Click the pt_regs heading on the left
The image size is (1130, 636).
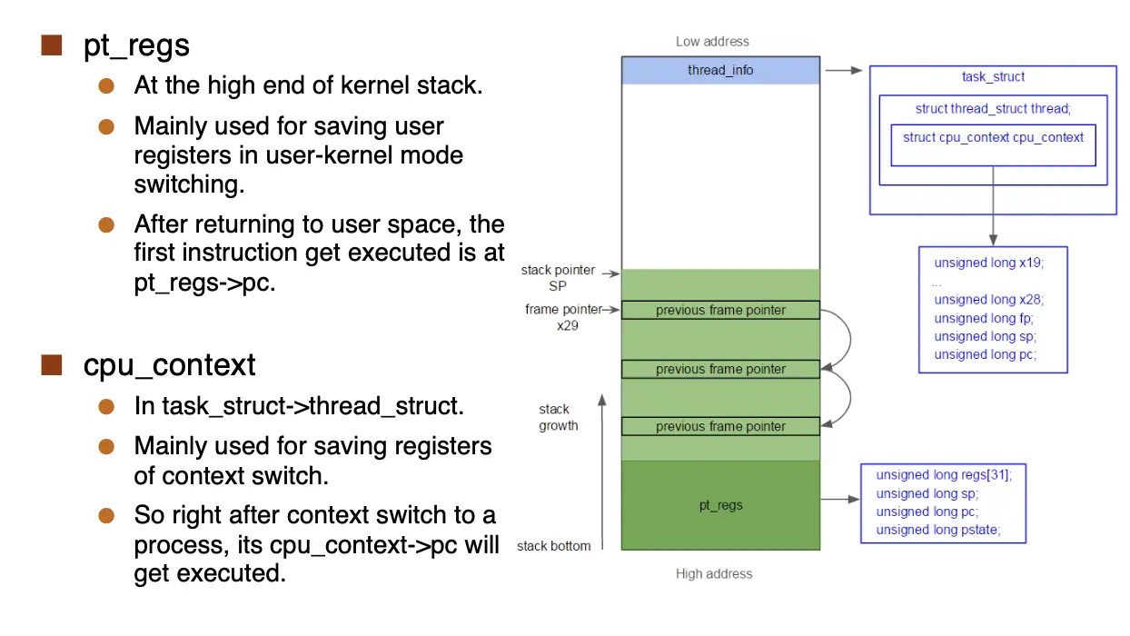pos(136,46)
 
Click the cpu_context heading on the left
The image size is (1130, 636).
pos(169,365)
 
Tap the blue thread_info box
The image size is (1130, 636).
pos(720,70)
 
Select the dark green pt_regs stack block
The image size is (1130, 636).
pos(720,505)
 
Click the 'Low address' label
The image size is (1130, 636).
pos(712,42)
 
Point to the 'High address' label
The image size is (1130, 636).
pos(714,573)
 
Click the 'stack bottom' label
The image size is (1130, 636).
pos(553,546)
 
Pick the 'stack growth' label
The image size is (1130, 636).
pos(558,418)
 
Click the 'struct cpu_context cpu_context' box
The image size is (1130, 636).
pos(993,144)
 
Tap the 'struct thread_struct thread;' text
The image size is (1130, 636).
pos(993,109)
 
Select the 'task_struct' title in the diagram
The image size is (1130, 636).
pos(993,77)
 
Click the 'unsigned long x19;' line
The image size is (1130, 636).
pos(988,263)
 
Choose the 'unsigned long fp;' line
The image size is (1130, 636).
pos(983,318)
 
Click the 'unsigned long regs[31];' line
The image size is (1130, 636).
pos(943,474)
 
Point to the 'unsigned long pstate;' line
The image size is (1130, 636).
pos(937,531)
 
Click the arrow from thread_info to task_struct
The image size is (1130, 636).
pos(843,70)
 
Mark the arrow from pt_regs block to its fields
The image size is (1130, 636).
pos(839,499)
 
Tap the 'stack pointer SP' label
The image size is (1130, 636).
pos(558,278)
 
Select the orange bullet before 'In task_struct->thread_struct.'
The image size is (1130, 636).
pos(107,406)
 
